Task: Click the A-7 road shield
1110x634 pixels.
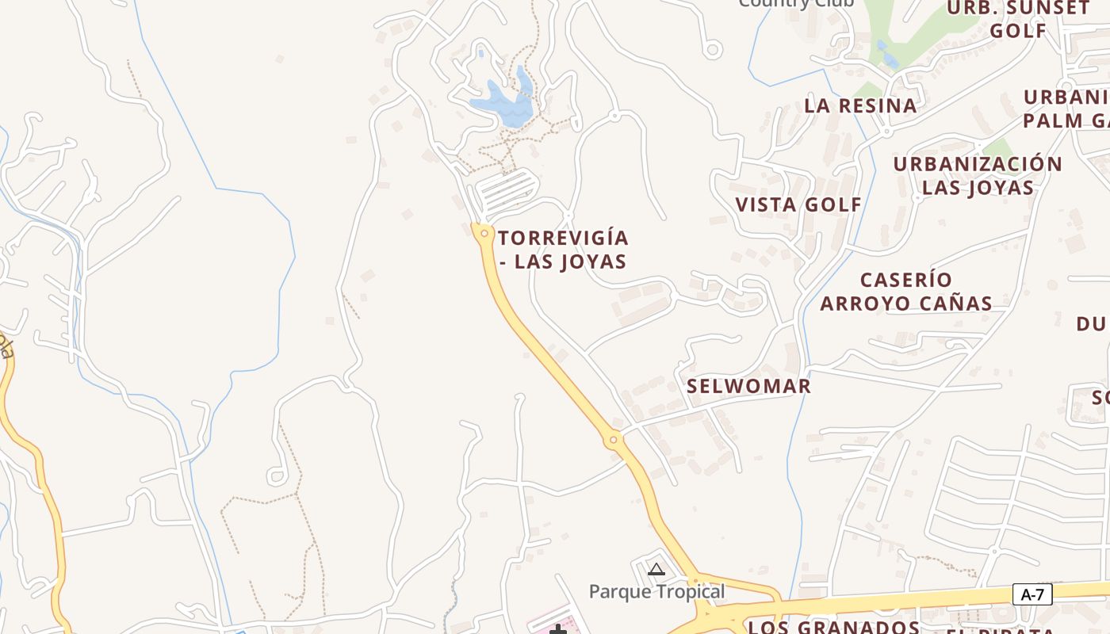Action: (x=1032, y=594)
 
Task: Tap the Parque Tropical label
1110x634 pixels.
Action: (x=656, y=591)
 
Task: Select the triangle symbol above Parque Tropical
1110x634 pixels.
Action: (x=656, y=569)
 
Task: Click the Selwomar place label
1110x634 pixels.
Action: (x=748, y=386)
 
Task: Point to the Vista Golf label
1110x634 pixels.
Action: (x=798, y=204)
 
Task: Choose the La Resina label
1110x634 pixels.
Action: (x=860, y=105)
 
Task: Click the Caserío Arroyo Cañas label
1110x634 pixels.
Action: (x=905, y=291)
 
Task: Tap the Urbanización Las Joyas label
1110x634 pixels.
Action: (x=978, y=175)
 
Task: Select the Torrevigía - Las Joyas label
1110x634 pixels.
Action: (x=563, y=249)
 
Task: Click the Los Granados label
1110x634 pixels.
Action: (x=833, y=627)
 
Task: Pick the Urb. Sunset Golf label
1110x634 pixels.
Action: (x=1019, y=19)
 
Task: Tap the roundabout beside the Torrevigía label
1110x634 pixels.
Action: (x=484, y=233)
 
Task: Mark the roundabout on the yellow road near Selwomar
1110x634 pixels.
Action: (x=613, y=440)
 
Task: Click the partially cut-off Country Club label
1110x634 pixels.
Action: (x=795, y=4)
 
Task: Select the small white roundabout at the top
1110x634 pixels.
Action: (x=712, y=50)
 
